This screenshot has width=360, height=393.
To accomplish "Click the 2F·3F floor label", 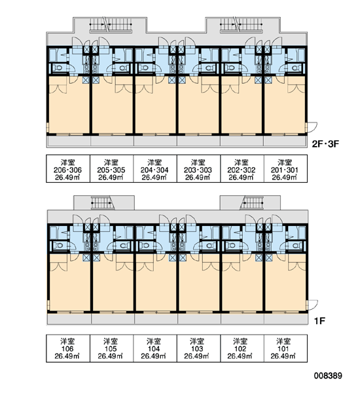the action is (325, 144).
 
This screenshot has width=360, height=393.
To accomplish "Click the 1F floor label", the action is (319, 321).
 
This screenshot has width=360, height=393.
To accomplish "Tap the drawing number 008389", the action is (328, 375).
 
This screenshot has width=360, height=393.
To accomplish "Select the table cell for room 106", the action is (68, 348).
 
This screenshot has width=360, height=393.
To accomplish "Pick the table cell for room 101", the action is (285, 348).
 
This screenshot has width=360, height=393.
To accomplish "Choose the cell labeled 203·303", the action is (199, 169).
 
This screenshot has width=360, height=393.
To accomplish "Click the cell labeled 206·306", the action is (68, 169).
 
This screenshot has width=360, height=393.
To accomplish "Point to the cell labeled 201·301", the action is (285, 169).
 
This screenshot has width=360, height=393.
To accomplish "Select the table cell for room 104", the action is (155, 348).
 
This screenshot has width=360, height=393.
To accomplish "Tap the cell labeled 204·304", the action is (155, 169).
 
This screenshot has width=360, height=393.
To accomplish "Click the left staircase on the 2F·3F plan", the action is (111, 25).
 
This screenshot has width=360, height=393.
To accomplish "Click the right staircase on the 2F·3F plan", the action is (242, 25).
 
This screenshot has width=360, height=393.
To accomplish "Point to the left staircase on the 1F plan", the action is (103, 202).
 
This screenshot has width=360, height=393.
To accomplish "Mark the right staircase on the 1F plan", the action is (252, 202).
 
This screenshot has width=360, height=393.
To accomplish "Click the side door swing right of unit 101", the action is (313, 305).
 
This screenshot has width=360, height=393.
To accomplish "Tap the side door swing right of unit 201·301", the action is (312, 127).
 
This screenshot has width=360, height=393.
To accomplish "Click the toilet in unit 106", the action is (59, 246).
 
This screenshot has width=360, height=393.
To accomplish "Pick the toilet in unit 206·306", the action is (58, 67).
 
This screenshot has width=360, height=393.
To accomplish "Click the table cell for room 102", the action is (242, 348).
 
